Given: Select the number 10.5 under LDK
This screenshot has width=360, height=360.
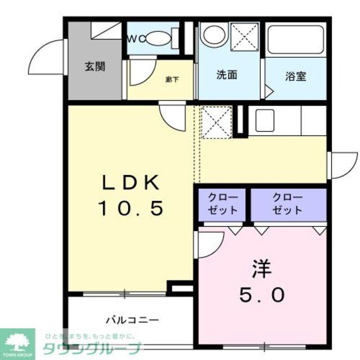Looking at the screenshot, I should [132, 209].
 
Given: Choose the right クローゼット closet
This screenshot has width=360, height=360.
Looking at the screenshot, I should [287, 204].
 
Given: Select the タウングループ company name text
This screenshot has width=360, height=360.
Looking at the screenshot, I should [92, 347].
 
